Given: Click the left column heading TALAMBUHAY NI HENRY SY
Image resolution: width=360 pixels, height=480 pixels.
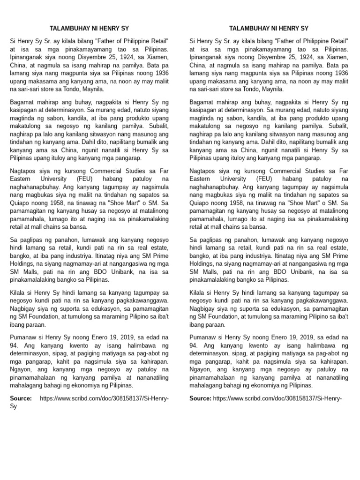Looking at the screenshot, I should click(89, 28).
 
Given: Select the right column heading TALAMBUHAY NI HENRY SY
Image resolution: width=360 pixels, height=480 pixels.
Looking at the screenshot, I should click(269, 28).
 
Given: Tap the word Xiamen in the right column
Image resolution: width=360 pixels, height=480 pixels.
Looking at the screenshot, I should click(337, 57).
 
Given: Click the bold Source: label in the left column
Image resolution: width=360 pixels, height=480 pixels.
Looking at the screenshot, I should click(21, 398).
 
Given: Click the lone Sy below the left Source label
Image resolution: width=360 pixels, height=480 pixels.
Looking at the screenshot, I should click(14, 406).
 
